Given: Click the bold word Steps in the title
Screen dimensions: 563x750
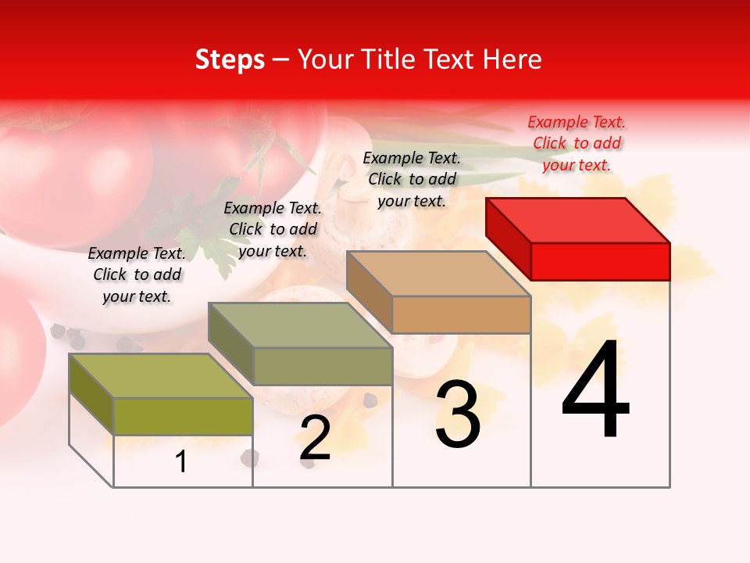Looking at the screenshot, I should tap(230, 59).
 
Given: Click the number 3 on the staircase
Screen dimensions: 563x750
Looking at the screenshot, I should tap(457, 414).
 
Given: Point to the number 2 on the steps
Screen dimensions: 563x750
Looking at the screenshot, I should tap(315, 438).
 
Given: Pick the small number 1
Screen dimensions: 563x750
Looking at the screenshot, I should tap(181, 461).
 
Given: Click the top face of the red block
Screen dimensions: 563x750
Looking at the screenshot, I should tap(578, 220).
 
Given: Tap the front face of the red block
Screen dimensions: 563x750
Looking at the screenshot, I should tap(600, 261).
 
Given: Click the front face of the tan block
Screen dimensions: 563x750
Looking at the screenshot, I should tap(461, 314).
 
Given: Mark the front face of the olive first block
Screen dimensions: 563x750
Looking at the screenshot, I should tap(183, 416).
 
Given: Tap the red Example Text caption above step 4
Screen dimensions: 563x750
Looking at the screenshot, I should tap(577, 143).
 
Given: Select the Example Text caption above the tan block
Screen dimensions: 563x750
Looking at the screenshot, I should tap(412, 179).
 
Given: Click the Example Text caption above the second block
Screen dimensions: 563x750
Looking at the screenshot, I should tap(273, 229).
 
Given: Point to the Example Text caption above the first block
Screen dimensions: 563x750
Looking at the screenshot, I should tap(137, 274).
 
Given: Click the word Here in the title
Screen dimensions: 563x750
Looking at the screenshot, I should tap(512, 59).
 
